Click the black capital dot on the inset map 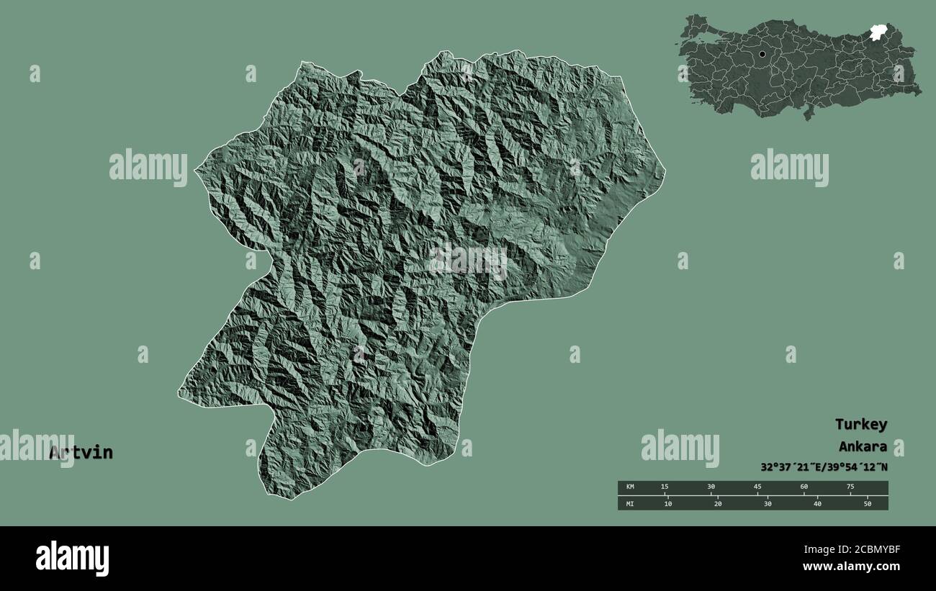point(762,54)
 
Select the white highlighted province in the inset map point(878,32)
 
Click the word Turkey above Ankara point(860,425)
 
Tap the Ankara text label point(862,446)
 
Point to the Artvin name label point(81,453)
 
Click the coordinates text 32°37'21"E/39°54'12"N point(824,467)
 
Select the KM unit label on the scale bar point(630,487)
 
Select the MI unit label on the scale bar point(630,503)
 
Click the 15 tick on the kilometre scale point(665,487)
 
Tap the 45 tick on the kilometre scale point(757,487)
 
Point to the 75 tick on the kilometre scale point(850,487)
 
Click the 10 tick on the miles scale point(667,503)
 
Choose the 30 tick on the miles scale point(768,503)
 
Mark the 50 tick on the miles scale point(867,503)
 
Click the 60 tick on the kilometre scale point(804,487)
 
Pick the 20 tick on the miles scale point(718,503)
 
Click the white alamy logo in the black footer point(73,559)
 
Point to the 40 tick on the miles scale point(817,503)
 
